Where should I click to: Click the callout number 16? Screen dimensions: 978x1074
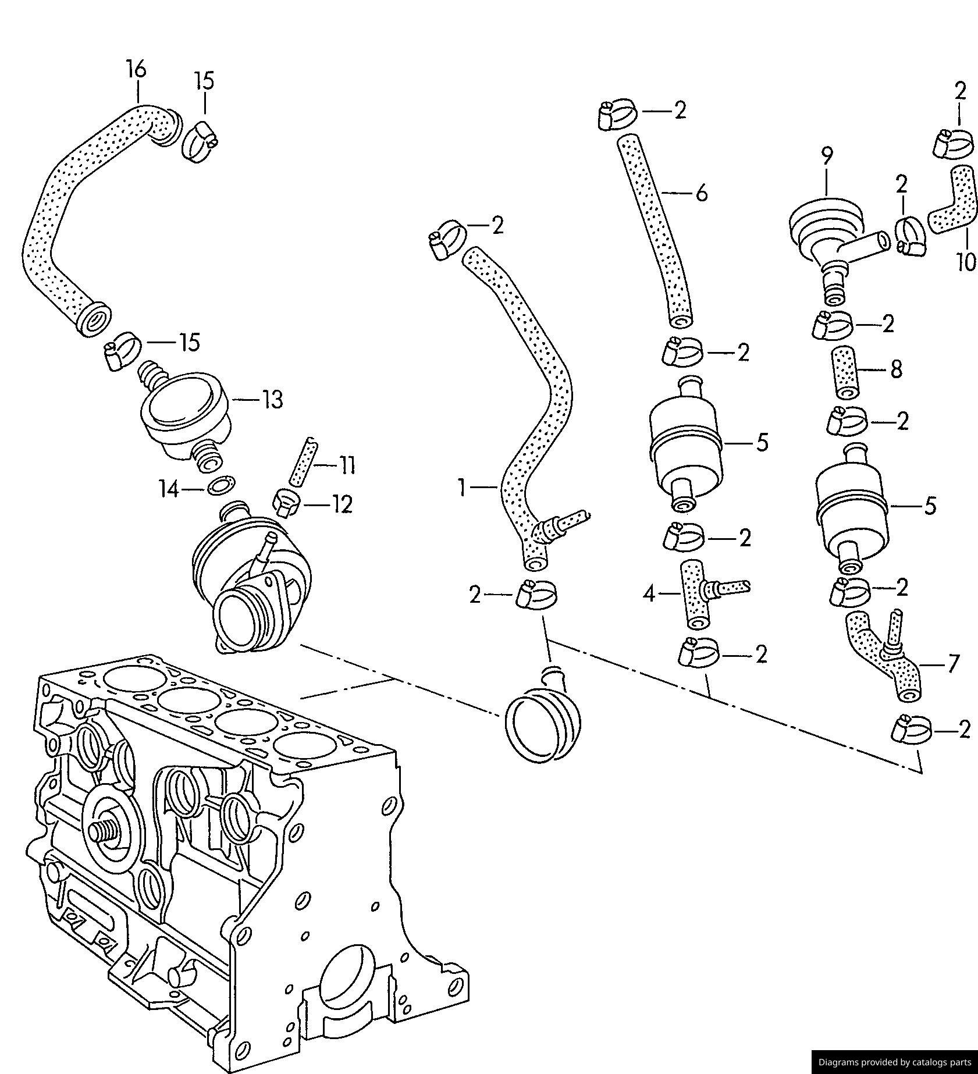(x=136, y=70)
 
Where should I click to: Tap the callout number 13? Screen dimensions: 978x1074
(x=272, y=400)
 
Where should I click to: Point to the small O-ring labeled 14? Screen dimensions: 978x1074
(x=221, y=485)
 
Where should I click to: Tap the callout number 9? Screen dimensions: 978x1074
(x=827, y=157)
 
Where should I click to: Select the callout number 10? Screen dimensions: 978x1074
(x=966, y=261)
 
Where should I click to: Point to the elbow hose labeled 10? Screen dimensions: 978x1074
(x=952, y=200)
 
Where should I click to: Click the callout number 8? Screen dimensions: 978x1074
(x=896, y=368)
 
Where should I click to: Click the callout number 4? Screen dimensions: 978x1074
(x=650, y=594)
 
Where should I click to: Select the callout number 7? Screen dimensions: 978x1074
(x=952, y=663)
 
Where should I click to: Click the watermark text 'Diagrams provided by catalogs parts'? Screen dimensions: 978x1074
(x=895, y=1062)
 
